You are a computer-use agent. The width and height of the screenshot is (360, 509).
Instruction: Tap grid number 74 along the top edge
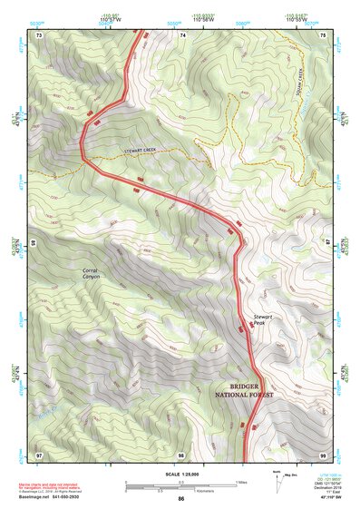[x=182, y=34]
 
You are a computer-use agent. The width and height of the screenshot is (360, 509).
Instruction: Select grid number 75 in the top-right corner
[x=324, y=34]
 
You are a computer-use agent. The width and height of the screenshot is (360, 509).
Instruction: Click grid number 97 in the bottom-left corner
[x=39, y=454]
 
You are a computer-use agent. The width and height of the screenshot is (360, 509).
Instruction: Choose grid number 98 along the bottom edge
[x=181, y=454]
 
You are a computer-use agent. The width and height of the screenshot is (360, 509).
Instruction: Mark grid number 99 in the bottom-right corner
[x=324, y=454]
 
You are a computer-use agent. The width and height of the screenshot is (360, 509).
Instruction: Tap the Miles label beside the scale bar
[x=241, y=481]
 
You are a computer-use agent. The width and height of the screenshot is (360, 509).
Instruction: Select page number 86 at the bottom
[x=181, y=499]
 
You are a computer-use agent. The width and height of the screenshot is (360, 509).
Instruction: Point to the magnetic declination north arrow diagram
[x=281, y=478]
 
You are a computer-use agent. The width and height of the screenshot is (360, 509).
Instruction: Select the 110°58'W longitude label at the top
[x=183, y=20]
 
